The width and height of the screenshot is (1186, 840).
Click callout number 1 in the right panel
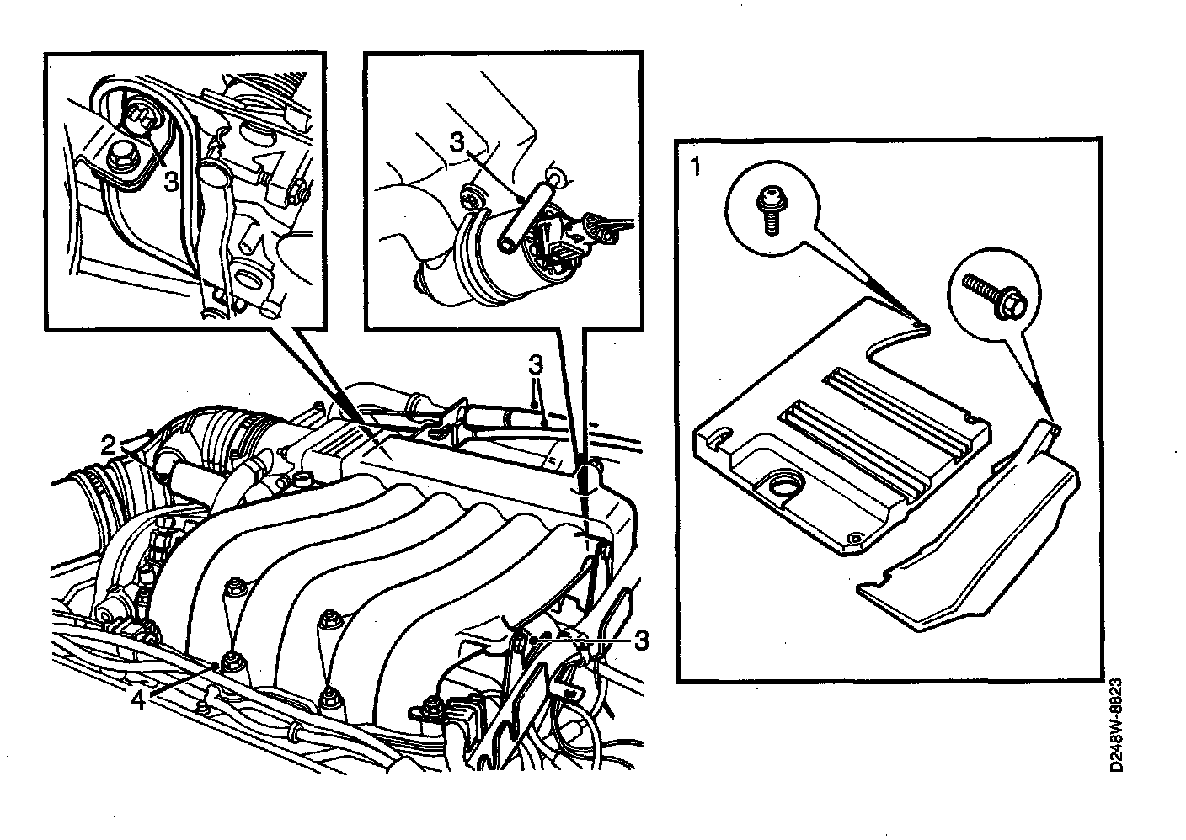tap(695, 167)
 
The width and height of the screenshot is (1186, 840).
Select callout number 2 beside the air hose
tap(108, 446)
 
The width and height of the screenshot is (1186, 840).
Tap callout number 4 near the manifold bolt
tap(137, 701)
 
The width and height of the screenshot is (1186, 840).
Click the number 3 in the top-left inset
tap(170, 183)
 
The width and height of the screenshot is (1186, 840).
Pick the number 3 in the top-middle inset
tap(457, 141)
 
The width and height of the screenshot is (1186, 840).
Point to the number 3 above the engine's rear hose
tap(535, 364)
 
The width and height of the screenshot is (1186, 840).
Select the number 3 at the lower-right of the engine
tap(641, 641)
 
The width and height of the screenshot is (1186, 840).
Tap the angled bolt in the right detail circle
tap(996, 295)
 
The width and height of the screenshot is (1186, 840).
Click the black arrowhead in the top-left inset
tap(268, 161)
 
